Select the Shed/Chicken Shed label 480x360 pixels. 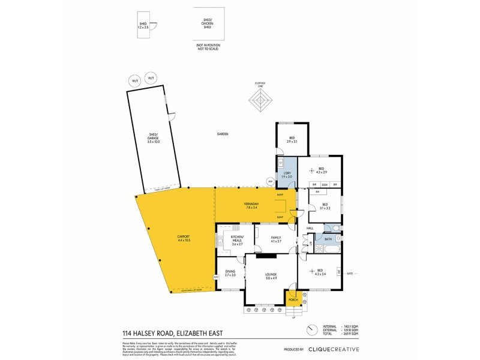click(208, 24)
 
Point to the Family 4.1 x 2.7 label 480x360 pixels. click(276, 239)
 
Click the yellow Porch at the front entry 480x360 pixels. click(293, 299)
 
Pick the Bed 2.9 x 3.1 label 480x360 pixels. click(292, 139)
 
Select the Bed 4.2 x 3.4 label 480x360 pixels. click(320, 272)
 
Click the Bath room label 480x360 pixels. click(328, 239)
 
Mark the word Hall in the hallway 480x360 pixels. click(310, 229)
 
